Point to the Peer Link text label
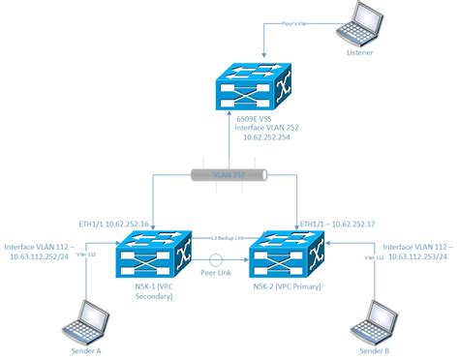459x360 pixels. pyautogui.click(x=214, y=273)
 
